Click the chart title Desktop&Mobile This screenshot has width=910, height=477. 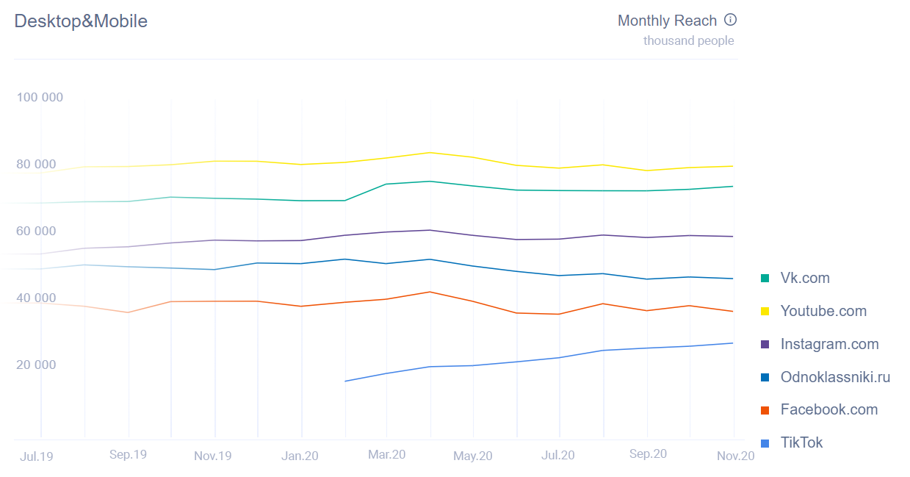[81, 21]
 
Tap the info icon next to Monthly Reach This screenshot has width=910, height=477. [730, 20]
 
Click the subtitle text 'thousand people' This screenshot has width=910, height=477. [688, 41]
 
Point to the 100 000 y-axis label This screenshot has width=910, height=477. [40, 98]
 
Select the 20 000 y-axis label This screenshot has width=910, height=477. [36, 365]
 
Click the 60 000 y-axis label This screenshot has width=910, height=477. [36, 232]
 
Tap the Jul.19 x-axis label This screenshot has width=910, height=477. [37, 456]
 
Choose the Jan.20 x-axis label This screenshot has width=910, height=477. [300, 456]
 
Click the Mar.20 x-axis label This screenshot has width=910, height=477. [387, 455]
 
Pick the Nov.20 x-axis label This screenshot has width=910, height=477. [735, 456]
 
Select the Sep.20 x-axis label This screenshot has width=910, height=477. [648, 454]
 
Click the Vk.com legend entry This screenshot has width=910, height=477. [804, 278]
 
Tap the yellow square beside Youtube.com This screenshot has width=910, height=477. [765, 311]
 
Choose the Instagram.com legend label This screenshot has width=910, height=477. [829, 344]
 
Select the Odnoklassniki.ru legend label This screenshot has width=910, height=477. [835, 377]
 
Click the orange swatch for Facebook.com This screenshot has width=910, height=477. [765, 410]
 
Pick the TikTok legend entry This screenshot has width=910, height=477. [801, 442]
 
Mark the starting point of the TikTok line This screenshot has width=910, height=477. [345, 381]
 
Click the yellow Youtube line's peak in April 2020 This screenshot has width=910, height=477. [430, 152]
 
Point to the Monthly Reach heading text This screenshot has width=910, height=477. [667, 21]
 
